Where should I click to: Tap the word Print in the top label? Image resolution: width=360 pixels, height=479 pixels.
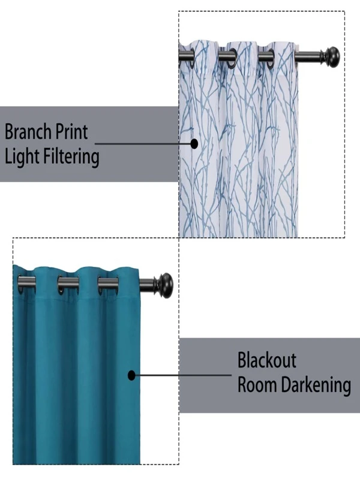point(74,132)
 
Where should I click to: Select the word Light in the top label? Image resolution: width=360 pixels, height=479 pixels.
point(20,157)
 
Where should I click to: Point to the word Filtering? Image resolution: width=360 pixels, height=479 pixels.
point(71,157)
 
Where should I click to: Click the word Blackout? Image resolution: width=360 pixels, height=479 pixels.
point(267,361)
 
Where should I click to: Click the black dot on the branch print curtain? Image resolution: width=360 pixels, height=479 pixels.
point(194,144)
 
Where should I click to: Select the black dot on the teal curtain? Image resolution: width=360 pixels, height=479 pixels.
point(131,376)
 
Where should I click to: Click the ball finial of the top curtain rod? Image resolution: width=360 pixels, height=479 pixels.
point(331,56)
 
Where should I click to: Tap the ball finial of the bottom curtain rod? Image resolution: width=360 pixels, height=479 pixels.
point(163,284)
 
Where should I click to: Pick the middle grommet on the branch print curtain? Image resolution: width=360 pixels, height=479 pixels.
point(226,57)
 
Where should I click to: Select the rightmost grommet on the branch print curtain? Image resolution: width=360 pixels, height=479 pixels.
point(266,57)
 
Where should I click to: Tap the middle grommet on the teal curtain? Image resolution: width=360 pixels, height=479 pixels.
point(67,284)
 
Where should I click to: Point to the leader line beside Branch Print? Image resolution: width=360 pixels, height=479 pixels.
point(144,144)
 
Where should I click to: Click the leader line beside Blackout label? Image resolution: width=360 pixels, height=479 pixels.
point(180,376)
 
